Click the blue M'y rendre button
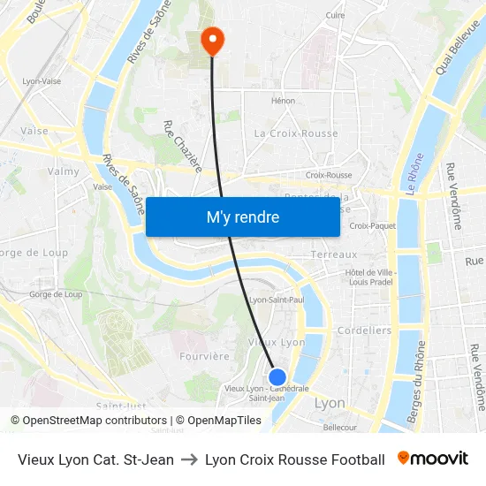[242, 216]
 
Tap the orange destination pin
[213, 39]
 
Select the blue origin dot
[277, 377]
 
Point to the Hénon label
[284, 101]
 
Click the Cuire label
[335, 15]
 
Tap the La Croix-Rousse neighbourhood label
[296, 133]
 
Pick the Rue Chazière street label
[183, 146]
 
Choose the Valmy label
[64, 171]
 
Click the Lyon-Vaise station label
[41, 80]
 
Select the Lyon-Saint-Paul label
[277, 300]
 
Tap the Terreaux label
[334, 254]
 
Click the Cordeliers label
[365, 330]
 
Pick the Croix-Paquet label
[373, 226]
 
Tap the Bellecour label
[339, 427]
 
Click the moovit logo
[432, 459]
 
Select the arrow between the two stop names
[189, 459]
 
